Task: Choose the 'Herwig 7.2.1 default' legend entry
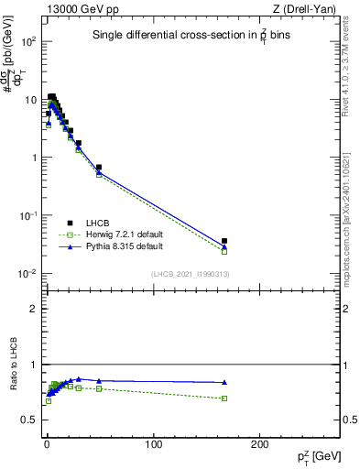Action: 125,234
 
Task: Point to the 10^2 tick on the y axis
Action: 26,42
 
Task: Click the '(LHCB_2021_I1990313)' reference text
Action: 191,275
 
